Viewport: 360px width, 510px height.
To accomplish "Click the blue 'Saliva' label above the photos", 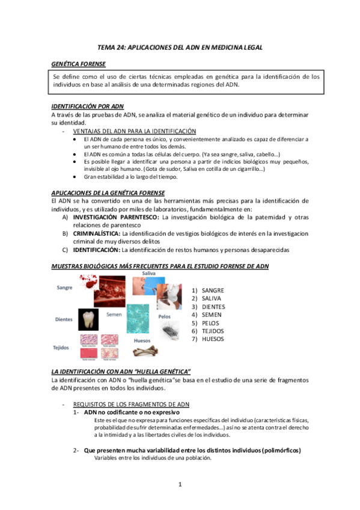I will point(148,274).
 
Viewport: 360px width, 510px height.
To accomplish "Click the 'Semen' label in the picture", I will point(114,314).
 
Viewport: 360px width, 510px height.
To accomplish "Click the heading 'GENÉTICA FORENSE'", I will point(78,64).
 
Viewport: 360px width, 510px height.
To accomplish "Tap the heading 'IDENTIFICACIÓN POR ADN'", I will point(88,106).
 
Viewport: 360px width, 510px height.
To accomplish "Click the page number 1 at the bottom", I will point(180,484).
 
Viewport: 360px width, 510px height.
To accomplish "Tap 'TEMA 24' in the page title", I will point(112,46).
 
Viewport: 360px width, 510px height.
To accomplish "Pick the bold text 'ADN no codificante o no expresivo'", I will point(132,413).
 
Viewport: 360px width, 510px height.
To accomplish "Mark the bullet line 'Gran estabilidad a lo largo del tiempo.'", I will point(130,177).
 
